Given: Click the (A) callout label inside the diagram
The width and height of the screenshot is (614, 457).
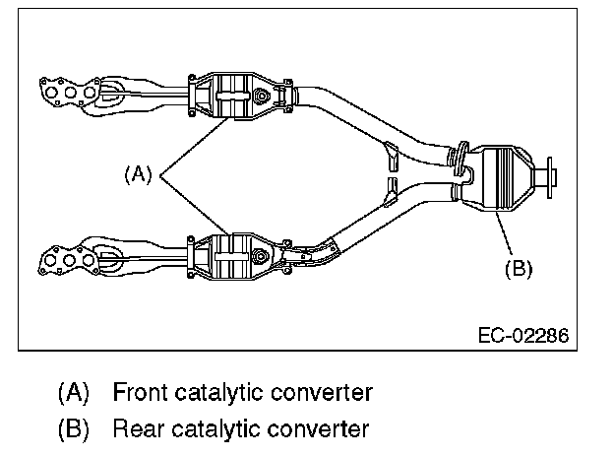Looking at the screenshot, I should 139,174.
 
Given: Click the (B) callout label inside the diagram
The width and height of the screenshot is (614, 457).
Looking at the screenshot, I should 518,267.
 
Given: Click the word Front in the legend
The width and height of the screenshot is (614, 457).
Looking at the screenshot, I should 136,393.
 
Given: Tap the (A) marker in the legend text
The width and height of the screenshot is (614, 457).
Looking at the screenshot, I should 73,393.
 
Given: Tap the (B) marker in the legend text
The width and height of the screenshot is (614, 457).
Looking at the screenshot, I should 73,428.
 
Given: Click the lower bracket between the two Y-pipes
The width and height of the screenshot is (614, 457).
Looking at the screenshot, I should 391,187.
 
